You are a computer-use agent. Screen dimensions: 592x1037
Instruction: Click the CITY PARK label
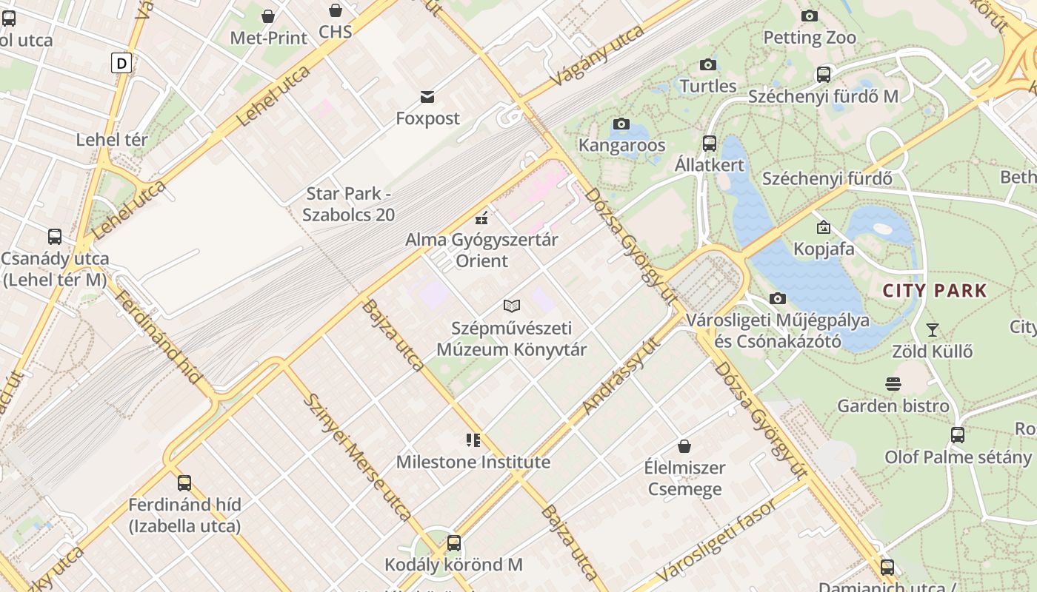(x=935, y=290)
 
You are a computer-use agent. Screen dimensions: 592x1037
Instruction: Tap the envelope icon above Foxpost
(x=427, y=96)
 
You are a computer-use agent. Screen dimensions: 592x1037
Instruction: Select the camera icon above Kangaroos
(x=621, y=124)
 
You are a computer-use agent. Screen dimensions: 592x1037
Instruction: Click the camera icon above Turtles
(x=708, y=64)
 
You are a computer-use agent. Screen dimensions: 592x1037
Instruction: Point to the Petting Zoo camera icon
(x=810, y=16)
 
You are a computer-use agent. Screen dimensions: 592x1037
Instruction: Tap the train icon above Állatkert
(x=710, y=143)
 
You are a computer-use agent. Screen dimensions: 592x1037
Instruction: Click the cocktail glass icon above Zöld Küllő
(x=933, y=329)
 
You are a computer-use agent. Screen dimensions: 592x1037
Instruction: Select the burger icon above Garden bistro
(x=893, y=383)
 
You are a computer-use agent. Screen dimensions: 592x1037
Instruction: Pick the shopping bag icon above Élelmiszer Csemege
(x=684, y=446)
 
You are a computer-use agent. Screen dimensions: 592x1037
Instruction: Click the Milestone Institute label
(x=473, y=462)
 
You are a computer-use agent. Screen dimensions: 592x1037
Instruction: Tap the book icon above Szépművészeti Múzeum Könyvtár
(x=512, y=306)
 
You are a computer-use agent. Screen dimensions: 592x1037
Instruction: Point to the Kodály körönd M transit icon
(x=454, y=543)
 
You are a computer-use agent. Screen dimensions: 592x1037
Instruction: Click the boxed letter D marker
(x=121, y=63)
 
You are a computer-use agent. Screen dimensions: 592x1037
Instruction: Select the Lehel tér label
(x=112, y=139)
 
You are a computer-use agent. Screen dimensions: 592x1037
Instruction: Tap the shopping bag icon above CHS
(x=336, y=10)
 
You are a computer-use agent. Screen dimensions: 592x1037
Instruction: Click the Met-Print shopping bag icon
(x=268, y=16)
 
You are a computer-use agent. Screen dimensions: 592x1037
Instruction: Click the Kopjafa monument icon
(x=824, y=227)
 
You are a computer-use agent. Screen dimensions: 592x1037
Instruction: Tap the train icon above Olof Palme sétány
(x=958, y=434)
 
